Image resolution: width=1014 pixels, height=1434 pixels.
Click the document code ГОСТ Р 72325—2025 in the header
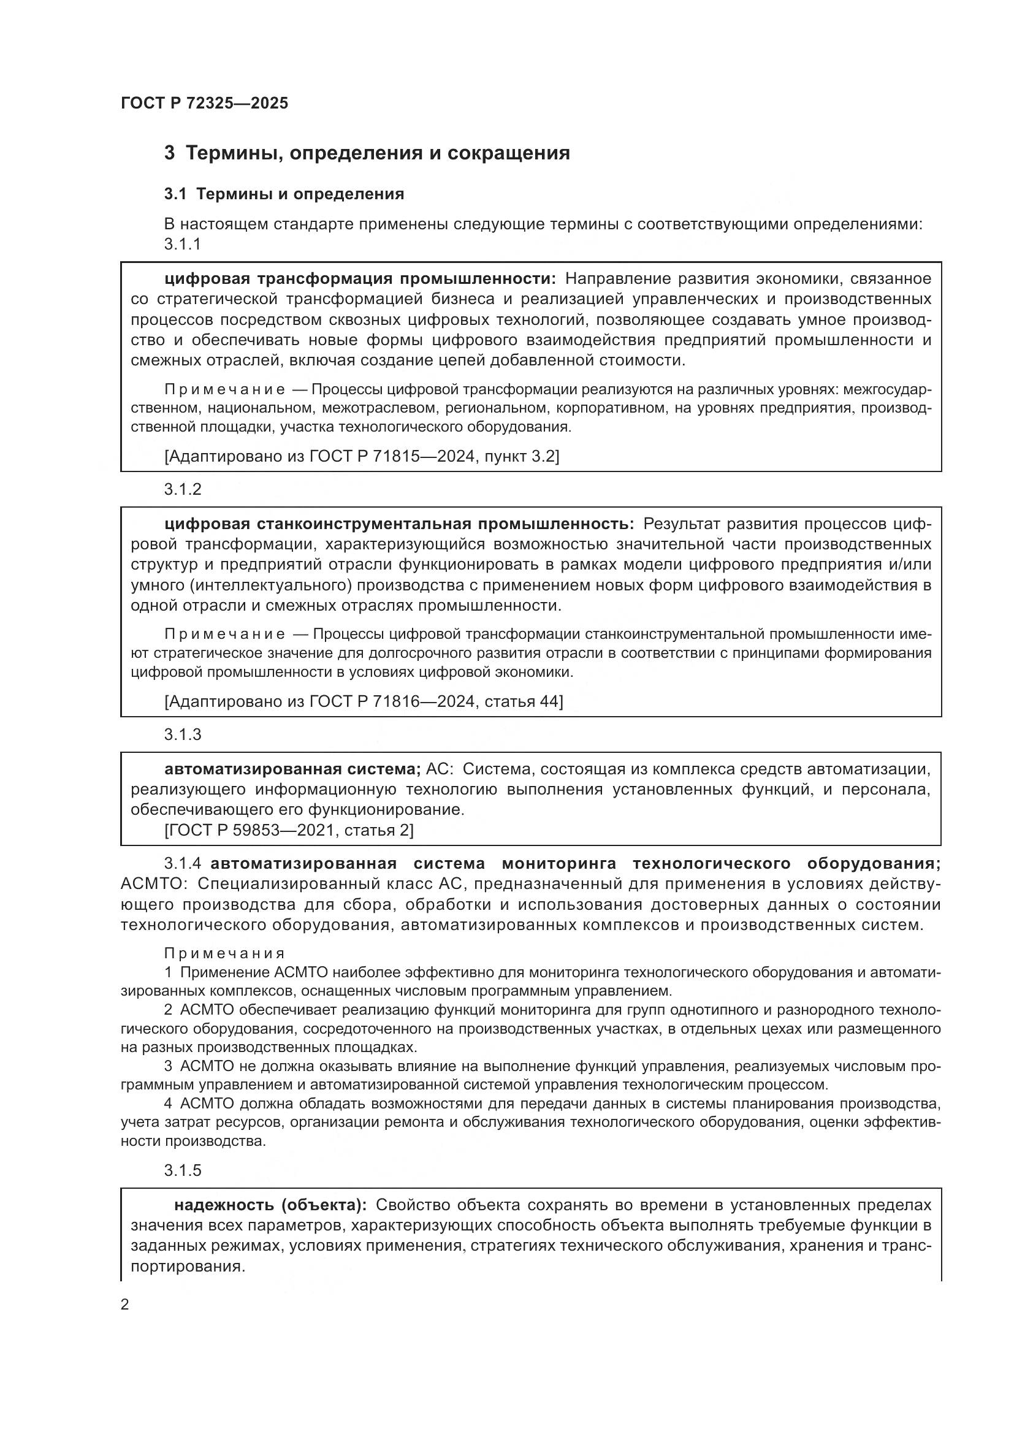(x=204, y=103)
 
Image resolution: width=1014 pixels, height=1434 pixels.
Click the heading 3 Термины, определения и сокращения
(x=367, y=153)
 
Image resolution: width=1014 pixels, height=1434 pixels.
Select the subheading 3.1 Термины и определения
(x=284, y=194)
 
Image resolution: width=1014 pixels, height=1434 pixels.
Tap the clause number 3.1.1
(x=182, y=244)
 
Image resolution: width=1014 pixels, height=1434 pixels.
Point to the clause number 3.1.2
(x=182, y=490)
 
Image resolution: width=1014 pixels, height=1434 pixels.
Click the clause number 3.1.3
(x=182, y=734)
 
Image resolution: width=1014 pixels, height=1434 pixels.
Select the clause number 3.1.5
(x=182, y=1170)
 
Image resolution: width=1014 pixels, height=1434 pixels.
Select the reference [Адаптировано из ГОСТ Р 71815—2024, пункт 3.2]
(x=362, y=457)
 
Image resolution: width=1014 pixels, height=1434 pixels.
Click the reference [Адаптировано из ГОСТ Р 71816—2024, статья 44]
(x=364, y=701)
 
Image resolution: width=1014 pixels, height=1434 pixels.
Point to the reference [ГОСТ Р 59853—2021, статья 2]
(x=289, y=830)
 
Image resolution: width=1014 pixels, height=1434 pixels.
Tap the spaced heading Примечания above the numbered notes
(x=225, y=954)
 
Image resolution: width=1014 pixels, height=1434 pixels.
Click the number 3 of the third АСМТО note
(x=168, y=1066)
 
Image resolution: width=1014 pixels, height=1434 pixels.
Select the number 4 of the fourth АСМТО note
(x=168, y=1104)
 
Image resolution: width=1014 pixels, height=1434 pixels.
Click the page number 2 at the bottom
(x=125, y=1305)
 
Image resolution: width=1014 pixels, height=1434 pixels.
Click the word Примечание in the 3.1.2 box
(x=225, y=635)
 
